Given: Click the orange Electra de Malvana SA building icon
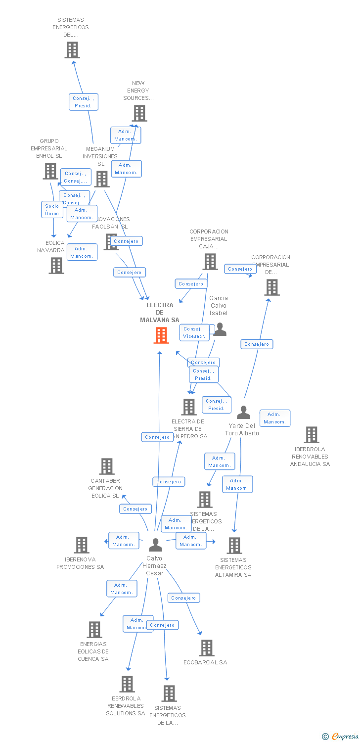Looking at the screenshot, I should coord(161,335).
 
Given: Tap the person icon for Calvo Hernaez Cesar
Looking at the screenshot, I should coord(155,545).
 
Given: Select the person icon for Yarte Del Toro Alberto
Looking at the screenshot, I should coord(243,412).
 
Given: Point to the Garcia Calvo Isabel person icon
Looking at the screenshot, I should coord(220,329).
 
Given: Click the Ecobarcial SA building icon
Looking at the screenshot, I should coord(206,648).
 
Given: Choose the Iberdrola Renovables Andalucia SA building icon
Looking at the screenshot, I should coord(311,435).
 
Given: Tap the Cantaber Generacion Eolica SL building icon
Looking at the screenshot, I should coord(107,466).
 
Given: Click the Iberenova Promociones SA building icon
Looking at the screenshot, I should coord(82,545).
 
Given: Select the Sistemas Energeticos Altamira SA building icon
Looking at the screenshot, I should coord(234,546).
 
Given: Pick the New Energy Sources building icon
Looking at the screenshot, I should coord(139,113).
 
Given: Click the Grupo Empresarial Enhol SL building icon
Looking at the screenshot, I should coord(50,171).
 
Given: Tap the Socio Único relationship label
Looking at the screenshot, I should coord(52,210).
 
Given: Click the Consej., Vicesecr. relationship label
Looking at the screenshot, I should coord(194,332).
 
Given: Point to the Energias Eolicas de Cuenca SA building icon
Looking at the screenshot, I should coord(94,630).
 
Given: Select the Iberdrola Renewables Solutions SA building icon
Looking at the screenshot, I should coord(127,684).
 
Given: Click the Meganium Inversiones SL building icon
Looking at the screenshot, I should coord(102,179).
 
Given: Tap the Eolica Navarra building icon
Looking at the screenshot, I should coord(56,266).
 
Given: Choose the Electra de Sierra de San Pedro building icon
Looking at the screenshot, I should coord(189,407).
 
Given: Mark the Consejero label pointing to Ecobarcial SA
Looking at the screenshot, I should coord(183,598).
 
